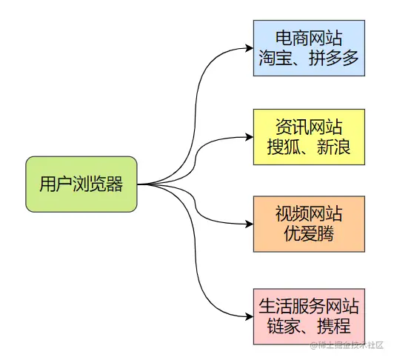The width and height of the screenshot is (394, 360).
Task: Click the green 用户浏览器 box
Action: coord(81,184)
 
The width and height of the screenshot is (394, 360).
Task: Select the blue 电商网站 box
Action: coord(309,48)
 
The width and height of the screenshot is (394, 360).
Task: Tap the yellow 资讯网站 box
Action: coord(309,136)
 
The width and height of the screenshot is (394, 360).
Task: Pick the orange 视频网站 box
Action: coord(309,224)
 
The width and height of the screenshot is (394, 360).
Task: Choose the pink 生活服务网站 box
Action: coord(309,316)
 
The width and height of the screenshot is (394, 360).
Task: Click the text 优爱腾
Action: coord(309,236)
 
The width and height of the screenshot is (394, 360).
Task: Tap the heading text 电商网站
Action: coord(309,37)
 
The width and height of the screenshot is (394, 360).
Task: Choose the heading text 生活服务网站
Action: coord(309,305)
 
